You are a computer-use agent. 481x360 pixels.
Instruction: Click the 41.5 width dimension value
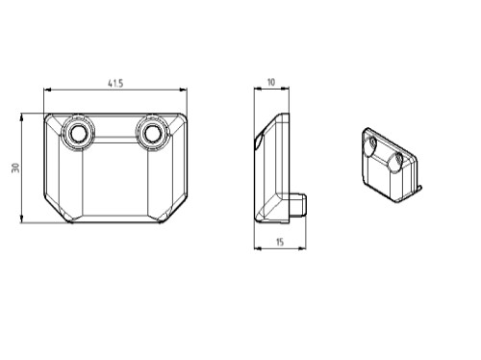click(115, 84)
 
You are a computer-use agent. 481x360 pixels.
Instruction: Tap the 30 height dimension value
click(15, 167)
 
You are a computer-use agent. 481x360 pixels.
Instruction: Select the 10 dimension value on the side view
click(271, 82)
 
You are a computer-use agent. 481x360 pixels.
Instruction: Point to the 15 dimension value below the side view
click(280, 242)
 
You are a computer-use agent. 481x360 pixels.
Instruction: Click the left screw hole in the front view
click(77, 133)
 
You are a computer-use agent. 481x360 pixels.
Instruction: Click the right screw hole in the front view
click(151, 133)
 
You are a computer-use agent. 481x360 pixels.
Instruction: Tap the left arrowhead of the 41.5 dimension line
click(47, 90)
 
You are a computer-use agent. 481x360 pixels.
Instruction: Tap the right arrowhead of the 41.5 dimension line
click(183, 90)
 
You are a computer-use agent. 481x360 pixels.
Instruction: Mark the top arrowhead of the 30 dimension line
click(21, 116)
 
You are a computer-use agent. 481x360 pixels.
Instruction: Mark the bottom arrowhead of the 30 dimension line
click(21, 219)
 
